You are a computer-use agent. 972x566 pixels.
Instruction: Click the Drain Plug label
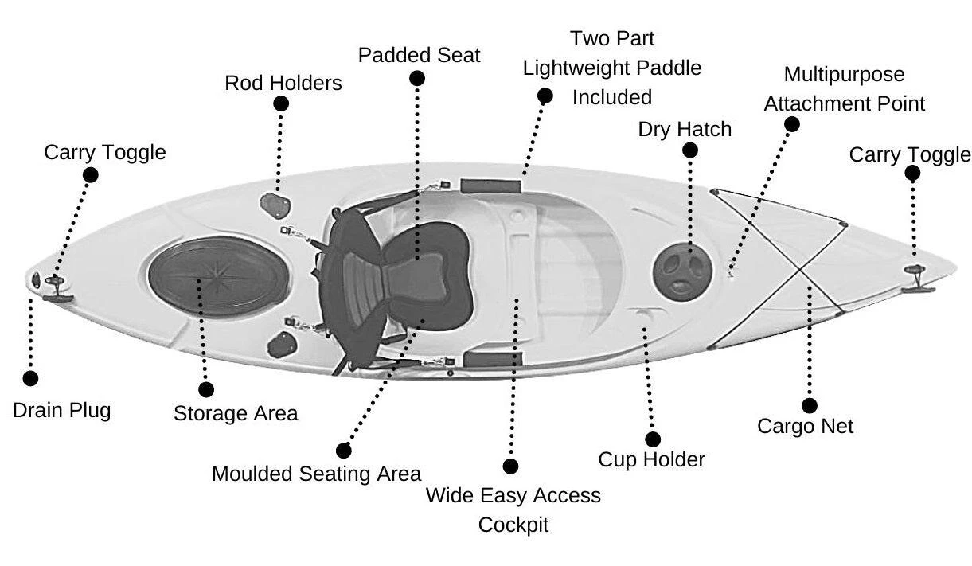(61, 411)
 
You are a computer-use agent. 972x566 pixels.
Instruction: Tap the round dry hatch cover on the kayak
(681, 267)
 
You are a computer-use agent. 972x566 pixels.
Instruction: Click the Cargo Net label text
(805, 426)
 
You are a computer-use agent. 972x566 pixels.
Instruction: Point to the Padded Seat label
(419, 56)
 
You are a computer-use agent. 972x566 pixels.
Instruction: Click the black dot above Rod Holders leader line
(280, 103)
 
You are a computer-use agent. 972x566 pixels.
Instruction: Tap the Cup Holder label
(651, 459)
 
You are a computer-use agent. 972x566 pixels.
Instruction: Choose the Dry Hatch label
(685, 129)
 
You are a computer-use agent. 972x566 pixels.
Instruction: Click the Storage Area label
(236, 413)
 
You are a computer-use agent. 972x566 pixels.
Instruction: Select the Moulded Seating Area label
(316, 474)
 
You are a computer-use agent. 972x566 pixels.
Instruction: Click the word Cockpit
(513, 525)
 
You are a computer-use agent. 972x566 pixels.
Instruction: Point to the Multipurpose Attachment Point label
(845, 89)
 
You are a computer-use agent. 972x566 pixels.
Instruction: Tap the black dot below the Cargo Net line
(809, 405)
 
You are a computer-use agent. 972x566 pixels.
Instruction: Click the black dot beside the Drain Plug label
(30, 379)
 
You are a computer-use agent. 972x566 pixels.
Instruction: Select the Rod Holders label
(283, 83)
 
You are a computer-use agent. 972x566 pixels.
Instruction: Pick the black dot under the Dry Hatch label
(690, 150)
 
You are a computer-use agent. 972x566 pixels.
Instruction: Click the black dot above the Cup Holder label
(653, 439)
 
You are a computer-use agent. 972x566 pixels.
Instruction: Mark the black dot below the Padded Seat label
(416, 78)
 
